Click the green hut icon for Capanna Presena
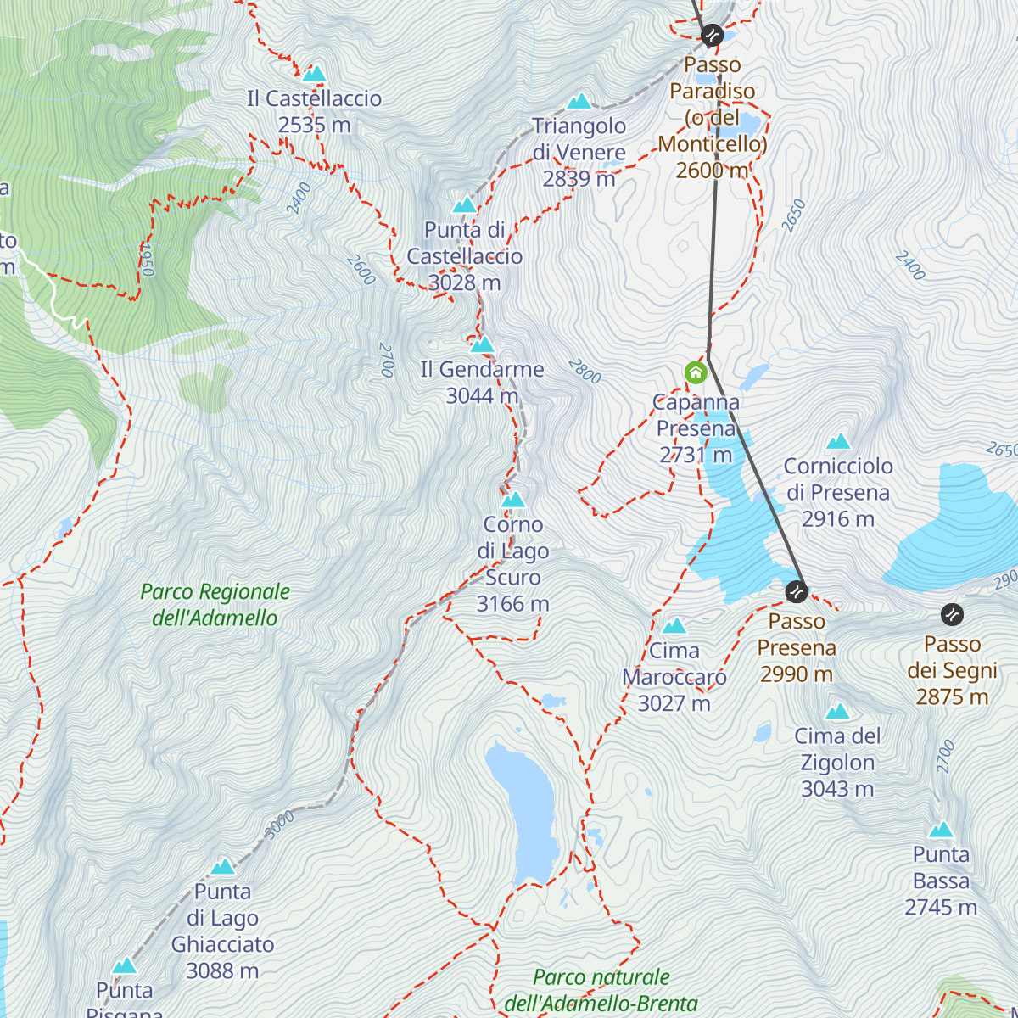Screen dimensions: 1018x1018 click(696, 372)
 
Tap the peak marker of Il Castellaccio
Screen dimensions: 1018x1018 click(315, 74)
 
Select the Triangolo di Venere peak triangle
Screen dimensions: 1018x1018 click(579, 102)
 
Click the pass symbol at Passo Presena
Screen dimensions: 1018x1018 click(796, 590)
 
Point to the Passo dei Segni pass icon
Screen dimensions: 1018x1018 click(952, 614)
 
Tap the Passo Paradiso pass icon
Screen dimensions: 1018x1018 click(712, 35)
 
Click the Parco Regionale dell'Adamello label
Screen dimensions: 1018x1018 click(215, 605)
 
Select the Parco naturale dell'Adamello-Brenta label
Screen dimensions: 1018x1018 click(601, 990)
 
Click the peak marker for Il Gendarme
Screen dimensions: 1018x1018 click(482, 344)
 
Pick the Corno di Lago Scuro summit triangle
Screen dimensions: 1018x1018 click(512, 500)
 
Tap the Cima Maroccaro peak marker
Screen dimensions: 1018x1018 click(674, 626)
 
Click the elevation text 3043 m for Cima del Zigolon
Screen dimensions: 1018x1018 click(837, 789)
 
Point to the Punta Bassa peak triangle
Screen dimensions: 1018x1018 click(941, 830)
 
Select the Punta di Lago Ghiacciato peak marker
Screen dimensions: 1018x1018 click(222, 866)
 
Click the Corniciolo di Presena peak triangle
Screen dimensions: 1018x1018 click(838, 441)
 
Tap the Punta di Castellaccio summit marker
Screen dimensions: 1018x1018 click(464, 204)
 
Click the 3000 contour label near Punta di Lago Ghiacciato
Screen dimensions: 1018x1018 click(279, 824)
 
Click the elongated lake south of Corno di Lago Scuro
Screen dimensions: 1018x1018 click(522, 810)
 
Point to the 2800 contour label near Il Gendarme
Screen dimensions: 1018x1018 click(585, 372)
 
